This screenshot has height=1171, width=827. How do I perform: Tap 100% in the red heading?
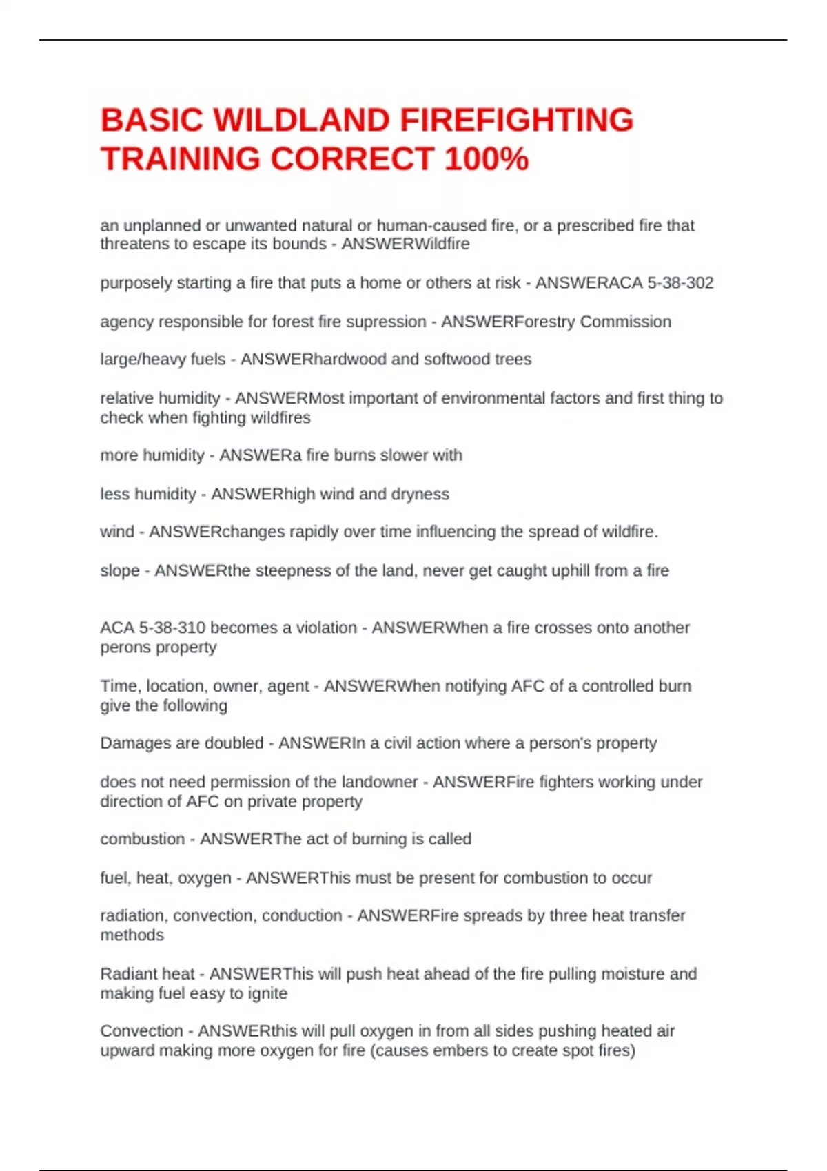click(487, 159)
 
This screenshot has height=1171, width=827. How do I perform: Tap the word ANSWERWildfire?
click(406, 245)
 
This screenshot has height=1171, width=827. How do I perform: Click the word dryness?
click(420, 495)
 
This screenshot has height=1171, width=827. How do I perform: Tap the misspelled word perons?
click(126, 647)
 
